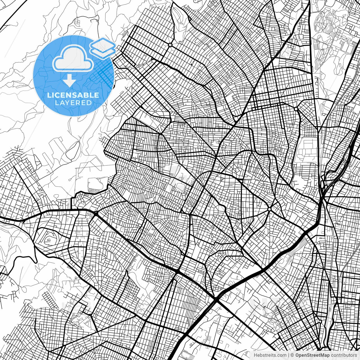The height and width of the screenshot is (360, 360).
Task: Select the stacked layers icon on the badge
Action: pos(103,48)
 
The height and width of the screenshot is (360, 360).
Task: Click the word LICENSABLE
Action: pos(73,95)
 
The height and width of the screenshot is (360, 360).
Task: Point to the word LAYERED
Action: pos(73,103)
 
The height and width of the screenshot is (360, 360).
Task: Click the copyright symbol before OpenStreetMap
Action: pos(292,355)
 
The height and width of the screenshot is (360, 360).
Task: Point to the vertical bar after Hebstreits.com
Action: pos(289,355)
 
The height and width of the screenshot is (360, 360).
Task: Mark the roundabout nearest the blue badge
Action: pos(170,45)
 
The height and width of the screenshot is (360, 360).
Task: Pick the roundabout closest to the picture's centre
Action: pos(269,209)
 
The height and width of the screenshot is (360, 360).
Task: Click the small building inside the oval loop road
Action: pos(49,240)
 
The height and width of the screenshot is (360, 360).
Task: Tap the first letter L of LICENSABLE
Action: pos(49,95)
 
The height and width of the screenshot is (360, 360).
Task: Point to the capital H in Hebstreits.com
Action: pos(255,355)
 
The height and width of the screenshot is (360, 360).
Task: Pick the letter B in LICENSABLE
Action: pos(86,95)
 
